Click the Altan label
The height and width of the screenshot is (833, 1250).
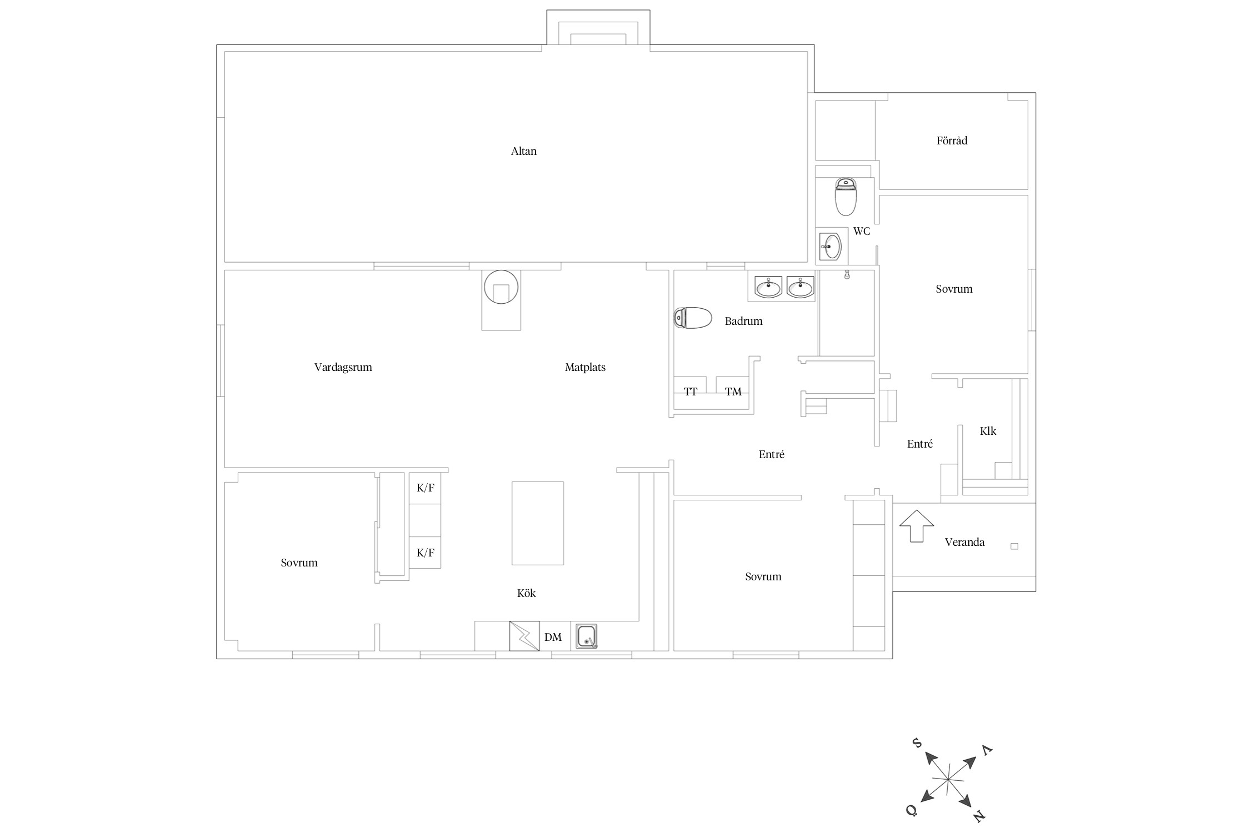click(523, 151)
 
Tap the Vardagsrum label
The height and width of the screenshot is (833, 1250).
click(343, 367)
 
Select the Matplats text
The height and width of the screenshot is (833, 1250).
click(585, 367)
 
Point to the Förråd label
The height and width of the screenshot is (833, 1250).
click(952, 140)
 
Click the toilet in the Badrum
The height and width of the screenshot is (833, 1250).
click(693, 318)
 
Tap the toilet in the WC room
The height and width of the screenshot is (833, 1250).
click(846, 197)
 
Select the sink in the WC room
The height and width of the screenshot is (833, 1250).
click(831, 246)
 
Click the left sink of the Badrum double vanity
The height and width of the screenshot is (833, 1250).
click(768, 288)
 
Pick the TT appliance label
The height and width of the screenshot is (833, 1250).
click(691, 392)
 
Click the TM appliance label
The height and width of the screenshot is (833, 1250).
click(733, 392)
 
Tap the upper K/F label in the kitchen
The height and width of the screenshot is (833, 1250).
click(426, 488)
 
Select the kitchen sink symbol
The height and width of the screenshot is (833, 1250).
click(587, 636)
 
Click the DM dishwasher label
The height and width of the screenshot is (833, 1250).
click(553, 637)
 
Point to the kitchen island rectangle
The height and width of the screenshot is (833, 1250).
click(537, 523)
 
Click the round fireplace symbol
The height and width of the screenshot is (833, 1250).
click(501, 287)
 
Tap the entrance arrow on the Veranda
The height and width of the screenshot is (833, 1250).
click(917, 526)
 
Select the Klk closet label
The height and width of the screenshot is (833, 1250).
click(988, 431)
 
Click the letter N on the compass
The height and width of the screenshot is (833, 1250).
click(979, 816)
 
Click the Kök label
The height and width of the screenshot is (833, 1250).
click(526, 593)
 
